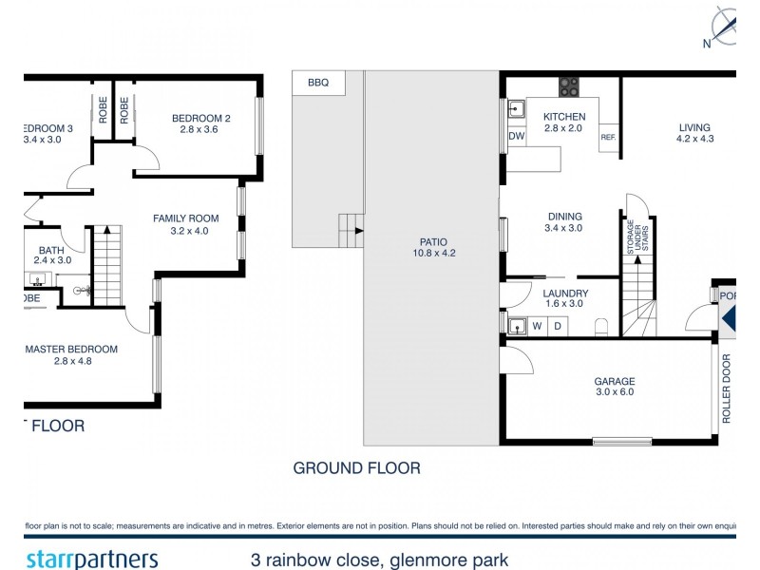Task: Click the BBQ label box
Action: tap(317, 84)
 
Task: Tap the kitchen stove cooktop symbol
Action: tap(569, 87)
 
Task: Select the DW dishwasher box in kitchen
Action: tap(517, 137)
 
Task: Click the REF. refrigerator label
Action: tap(608, 138)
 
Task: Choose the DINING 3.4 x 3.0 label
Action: tap(563, 222)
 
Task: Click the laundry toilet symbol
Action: tap(600, 328)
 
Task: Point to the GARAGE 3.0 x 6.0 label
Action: tap(614, 386)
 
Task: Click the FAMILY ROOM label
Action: tap(180, 224)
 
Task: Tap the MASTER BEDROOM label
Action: tap(71, 355)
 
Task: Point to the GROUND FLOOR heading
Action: tap(356, 467)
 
